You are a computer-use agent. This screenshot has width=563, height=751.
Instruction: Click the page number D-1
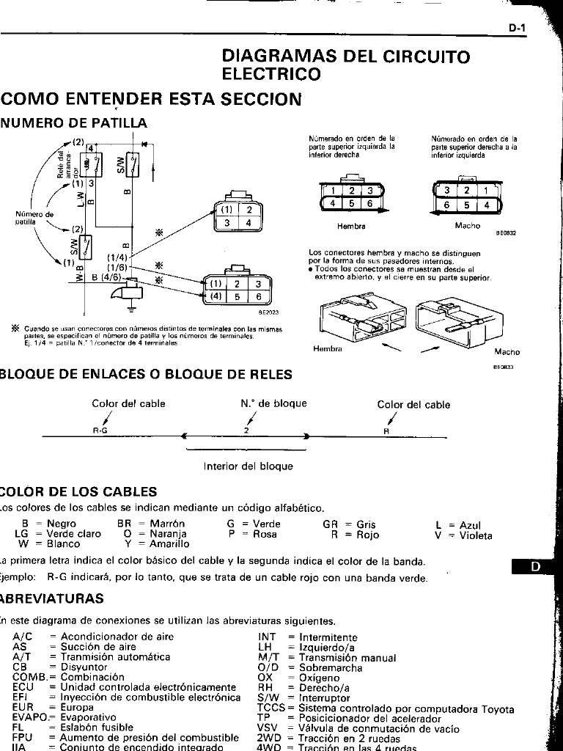click(x=518, y=29)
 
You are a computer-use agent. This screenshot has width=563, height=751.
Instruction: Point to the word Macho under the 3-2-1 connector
click(x=467, y=225)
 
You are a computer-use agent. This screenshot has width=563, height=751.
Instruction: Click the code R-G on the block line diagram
click(x=100, y=431)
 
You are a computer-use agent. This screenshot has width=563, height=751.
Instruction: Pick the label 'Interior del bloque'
click(x=248, y=466)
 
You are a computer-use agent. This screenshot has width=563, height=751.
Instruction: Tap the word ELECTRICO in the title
click(x=271, y=74)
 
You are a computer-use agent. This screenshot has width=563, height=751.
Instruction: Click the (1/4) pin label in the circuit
click(x=117, y=257)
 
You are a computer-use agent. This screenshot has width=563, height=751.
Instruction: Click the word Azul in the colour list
click(x=471, y=525)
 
